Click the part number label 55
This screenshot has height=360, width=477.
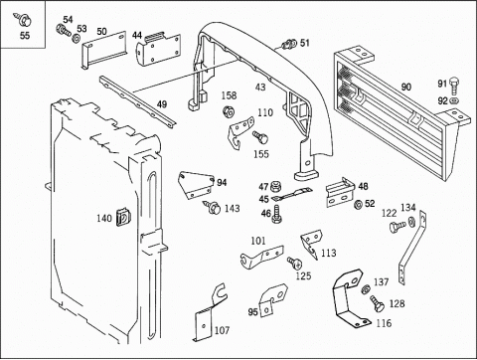pos(25,36)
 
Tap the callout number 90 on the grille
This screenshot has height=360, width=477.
pos(406,87)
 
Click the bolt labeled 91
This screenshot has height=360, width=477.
pos(454,86)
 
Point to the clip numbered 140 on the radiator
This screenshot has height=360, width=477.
pos(123,218)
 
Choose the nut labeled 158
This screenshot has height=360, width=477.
pos(229,111)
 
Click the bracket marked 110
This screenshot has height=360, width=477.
pos(241,132)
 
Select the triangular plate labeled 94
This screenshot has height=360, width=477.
pos(196,185)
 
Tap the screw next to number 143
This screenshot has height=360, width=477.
pos(212,207)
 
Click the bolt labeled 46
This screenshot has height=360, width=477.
pos(276,214)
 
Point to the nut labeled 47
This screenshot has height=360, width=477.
pos(274,187)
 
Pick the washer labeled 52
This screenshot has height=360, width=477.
pos(358,205)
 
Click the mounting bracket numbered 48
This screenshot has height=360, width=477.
pos(340,193)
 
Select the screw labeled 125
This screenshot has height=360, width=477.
pos(294,263)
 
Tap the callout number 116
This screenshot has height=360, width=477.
pos(384,323)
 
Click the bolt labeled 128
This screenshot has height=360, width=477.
pos(377,303)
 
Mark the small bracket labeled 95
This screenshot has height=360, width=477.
pos(273,300)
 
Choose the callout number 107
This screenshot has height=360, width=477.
pos(222,330)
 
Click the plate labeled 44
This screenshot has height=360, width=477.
pos(158,50)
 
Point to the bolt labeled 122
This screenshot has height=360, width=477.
pos(397,227)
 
